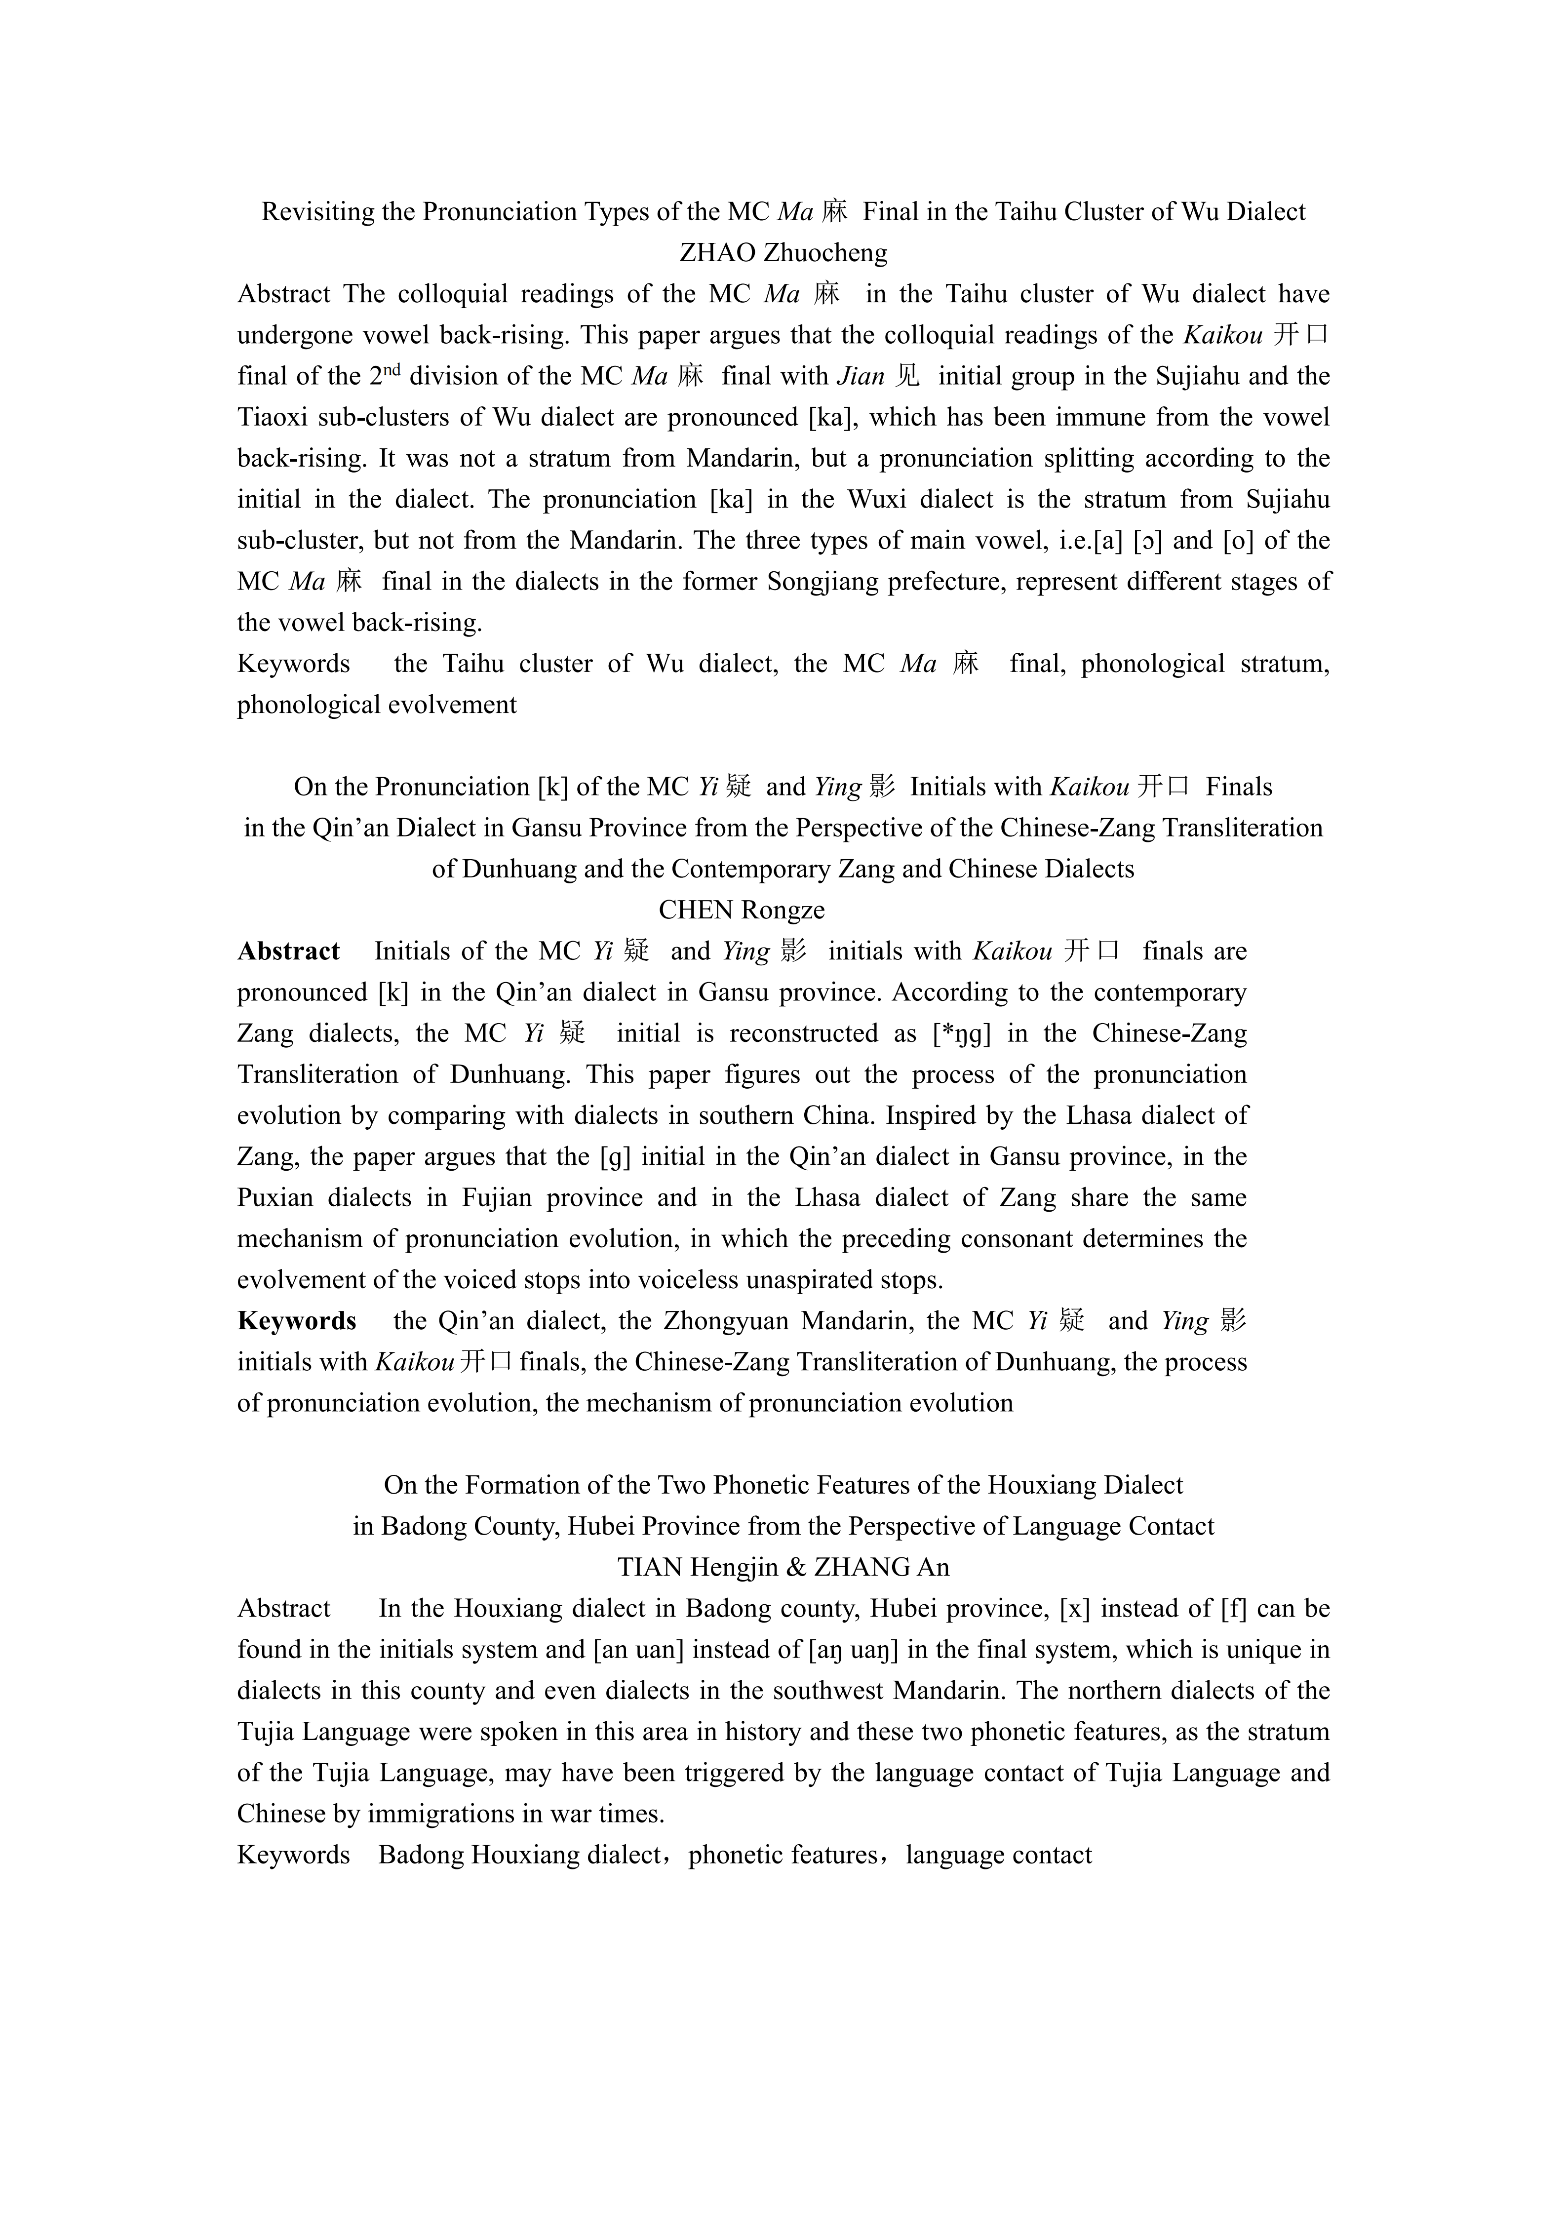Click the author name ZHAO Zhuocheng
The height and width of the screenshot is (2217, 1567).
click(x=783, y=253)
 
